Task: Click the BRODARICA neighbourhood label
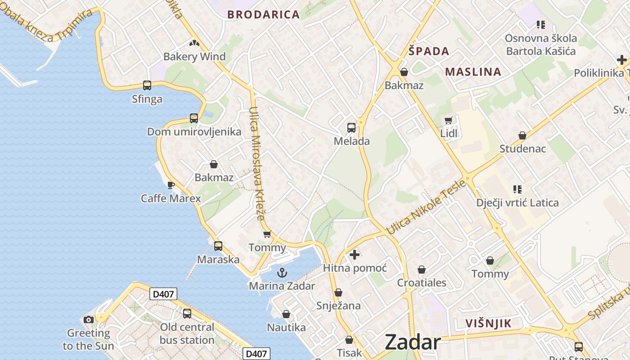(x=263, y=14)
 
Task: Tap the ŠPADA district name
(x=429, y=51)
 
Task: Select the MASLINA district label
(x=473, y=72)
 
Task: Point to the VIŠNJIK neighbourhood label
(x=488, y=323)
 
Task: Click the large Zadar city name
(x=412, y=342)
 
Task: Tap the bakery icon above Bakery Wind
(x=194, y=44)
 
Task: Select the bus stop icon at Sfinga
(x=147, y=85)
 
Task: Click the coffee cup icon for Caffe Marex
(x=171, y=185)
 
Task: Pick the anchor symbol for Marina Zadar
(x=282, y=273)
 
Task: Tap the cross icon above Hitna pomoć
(x=355, y=255)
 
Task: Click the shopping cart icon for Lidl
(x=448, y=120)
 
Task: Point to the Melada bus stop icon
(x=351, y=128)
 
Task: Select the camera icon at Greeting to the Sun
(x=89, y=319)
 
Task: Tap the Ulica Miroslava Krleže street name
(x=257, y=163)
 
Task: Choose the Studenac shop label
(x=522, y=148)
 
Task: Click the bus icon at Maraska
(x=218, y=246)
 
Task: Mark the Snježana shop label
(x=338, y=306)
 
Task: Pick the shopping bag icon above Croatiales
(x=422, y=270)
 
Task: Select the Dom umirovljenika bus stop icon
(x=194, y=118)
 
